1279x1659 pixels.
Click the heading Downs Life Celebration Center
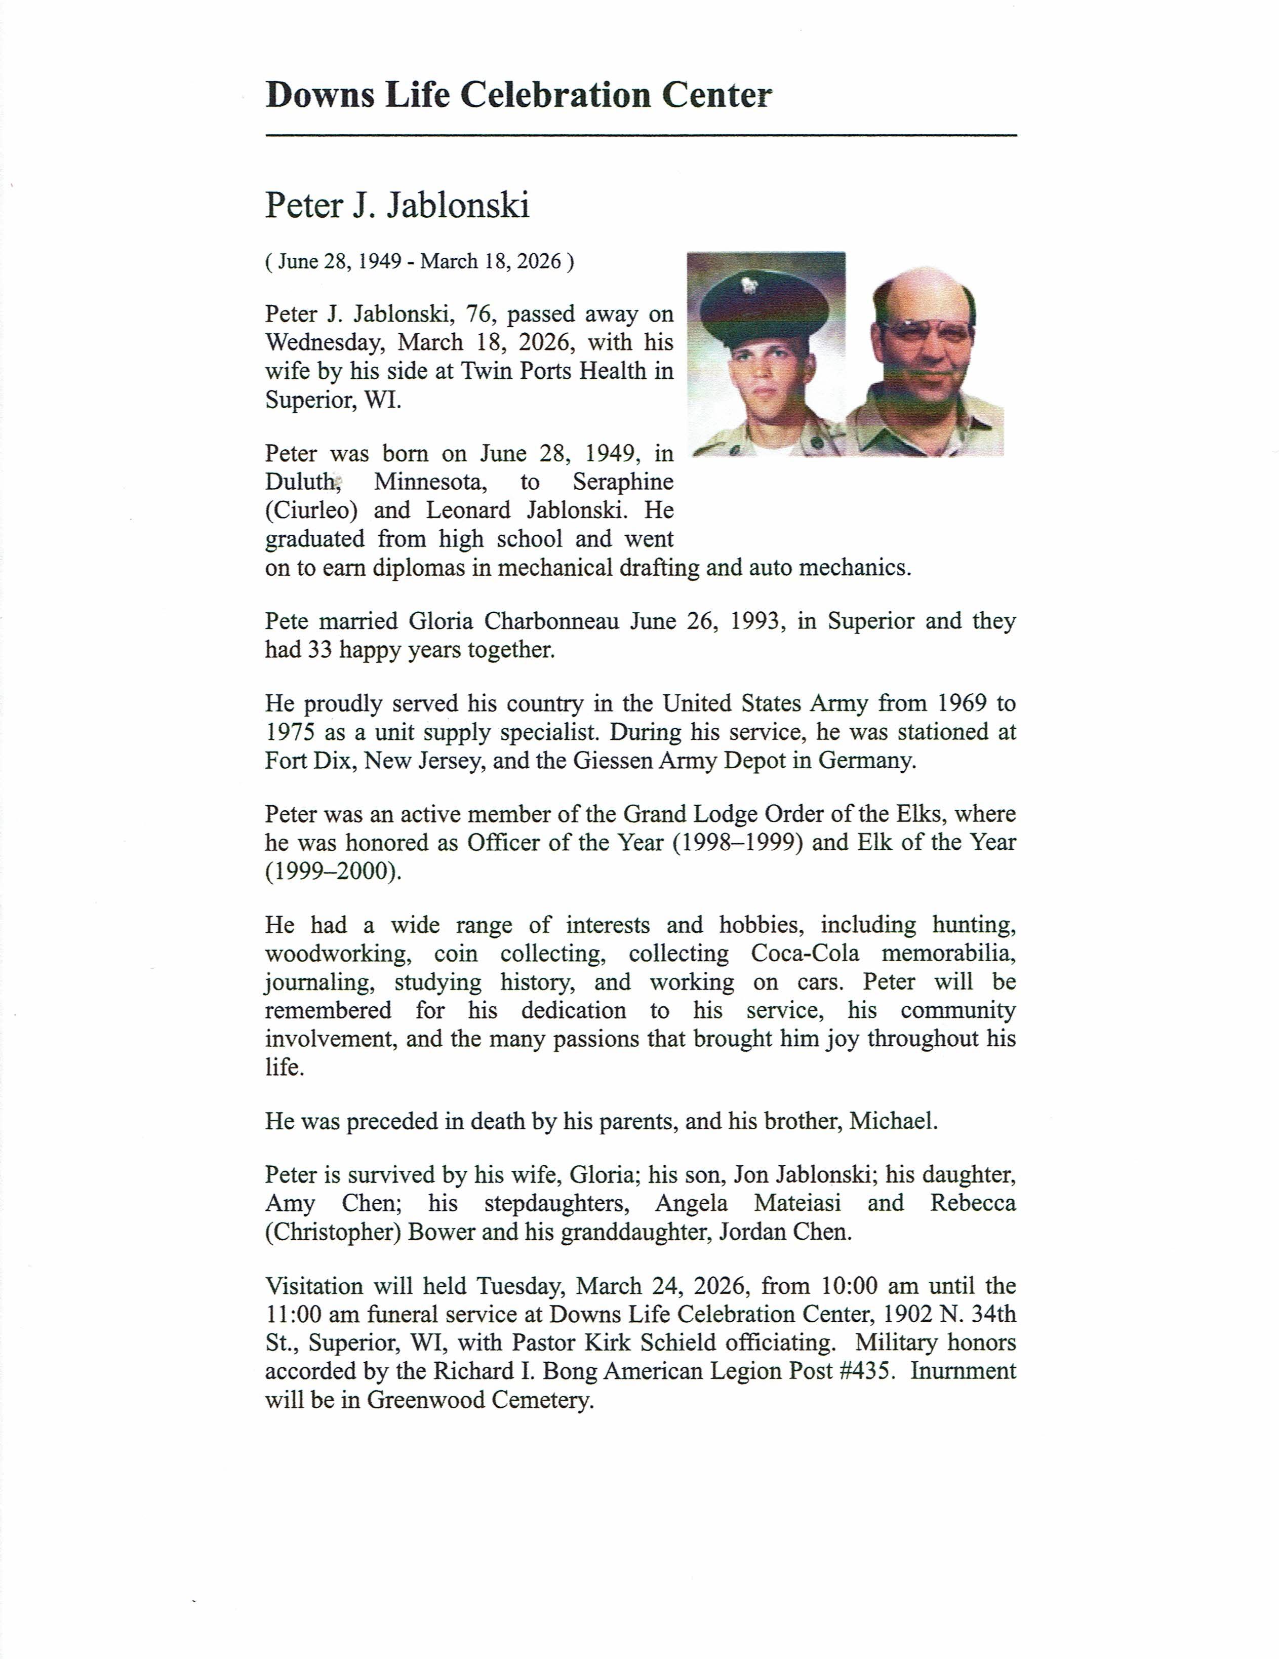pos(518,96)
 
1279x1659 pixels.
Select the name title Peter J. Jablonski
pos(396,206)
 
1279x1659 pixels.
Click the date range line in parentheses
pos(419,262)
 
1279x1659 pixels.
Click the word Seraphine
pos(623,482)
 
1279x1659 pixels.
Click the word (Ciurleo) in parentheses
pos(311,510)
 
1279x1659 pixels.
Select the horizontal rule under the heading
pos(640,135)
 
